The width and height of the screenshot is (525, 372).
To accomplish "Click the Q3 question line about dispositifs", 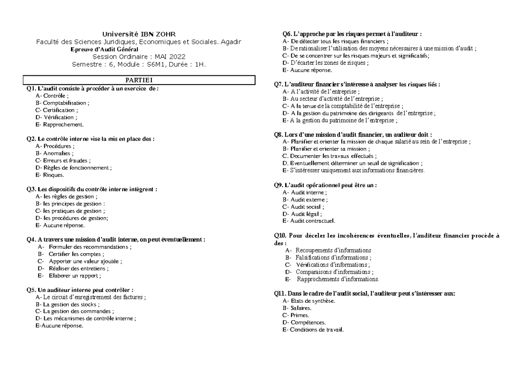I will click(92, 189).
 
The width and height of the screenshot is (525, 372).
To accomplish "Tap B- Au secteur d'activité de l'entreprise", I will click(332, 99).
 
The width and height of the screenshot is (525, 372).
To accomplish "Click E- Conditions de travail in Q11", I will click(313, 329).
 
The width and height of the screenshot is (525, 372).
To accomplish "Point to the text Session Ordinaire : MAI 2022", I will click(139, 57).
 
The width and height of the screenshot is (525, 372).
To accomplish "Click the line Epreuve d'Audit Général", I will click(104, 50).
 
